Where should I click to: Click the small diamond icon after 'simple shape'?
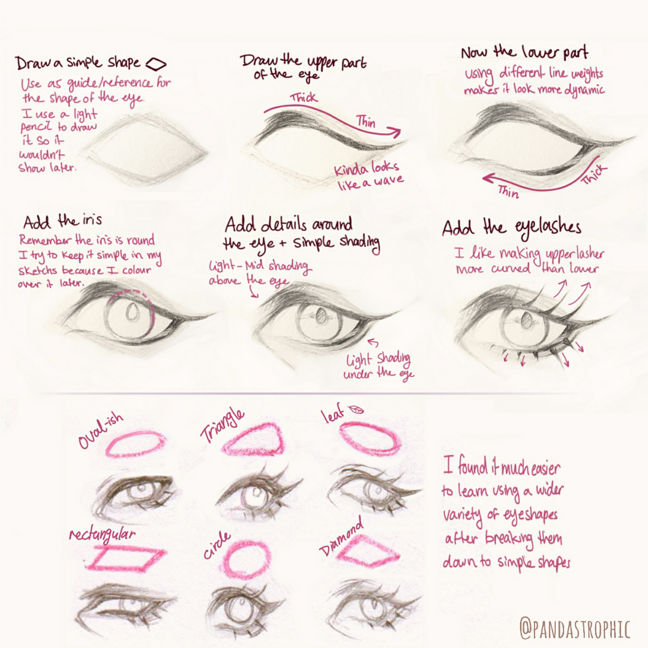[156, 64]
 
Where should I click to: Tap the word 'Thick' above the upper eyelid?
[304, 98]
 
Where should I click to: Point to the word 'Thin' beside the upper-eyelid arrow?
[366, 122]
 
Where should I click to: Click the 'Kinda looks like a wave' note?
[368, 176]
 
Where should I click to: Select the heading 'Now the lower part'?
[524, 52]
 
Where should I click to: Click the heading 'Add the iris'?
[62, 221]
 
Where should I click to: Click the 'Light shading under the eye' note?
[379, 366]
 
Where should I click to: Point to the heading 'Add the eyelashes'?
[512, 228]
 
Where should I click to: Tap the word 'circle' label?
[217, 545]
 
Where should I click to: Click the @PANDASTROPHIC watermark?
[574, 628]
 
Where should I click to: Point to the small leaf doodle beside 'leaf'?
[356, 410]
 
